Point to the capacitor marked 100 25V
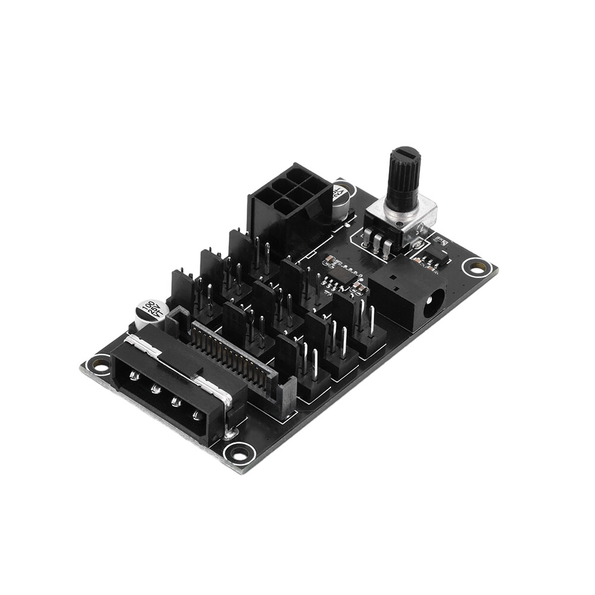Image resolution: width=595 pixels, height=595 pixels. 150,312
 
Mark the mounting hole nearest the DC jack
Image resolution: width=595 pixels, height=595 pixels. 476,267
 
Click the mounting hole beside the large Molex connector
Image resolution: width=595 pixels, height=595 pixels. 99,364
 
